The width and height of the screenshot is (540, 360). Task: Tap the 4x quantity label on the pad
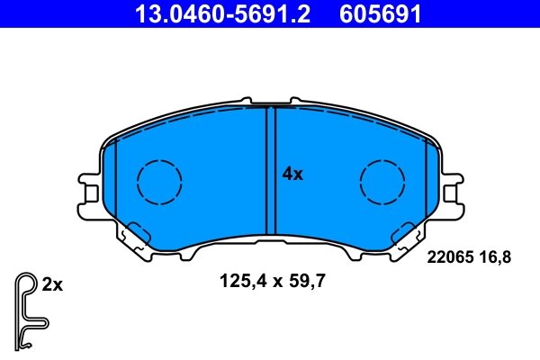[292, 175]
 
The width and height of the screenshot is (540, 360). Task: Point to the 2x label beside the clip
[52, 285]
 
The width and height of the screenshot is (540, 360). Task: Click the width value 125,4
[239, 281]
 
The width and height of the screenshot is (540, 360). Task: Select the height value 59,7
[306, 281]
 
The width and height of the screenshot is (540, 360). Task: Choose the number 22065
[445, 257]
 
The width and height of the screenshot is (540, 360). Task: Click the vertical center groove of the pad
[271, 171]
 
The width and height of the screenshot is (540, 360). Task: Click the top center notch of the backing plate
[271, 103]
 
